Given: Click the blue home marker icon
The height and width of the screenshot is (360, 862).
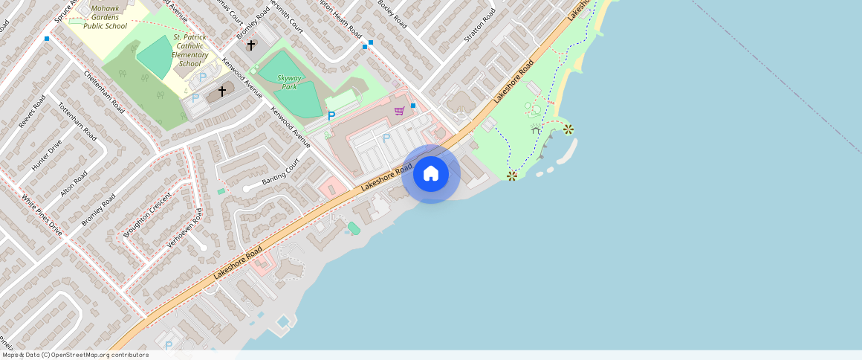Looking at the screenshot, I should [x=431, y=174].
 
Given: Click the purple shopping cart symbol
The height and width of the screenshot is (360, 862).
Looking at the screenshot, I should [x=399, y=111].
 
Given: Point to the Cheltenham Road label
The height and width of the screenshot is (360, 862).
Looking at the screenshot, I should [x=104, y=91].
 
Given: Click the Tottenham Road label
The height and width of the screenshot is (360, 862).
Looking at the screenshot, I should [x=77, y=121].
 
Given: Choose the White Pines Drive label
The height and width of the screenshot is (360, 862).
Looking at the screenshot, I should [x=42, y=216].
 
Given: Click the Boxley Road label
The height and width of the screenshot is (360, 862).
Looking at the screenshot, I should [x=393, y=14].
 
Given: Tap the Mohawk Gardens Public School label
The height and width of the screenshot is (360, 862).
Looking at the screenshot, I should [x=105, y=17].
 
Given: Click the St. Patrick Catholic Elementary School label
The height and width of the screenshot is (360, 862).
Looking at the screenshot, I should [x=190, y=50].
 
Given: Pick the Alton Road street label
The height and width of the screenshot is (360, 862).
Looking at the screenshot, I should [x=74, y=184].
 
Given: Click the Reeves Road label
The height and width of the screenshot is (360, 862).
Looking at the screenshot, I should [x=32, y=111].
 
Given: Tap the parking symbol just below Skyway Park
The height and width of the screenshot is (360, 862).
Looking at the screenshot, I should [x=331, y=115].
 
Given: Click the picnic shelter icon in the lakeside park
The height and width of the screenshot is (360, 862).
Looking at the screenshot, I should [x=535, y=131].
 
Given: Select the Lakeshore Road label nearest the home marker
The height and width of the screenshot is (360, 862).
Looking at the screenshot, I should [x=387, y=178].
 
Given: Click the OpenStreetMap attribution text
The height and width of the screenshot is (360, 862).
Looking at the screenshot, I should [x=74, y=355].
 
